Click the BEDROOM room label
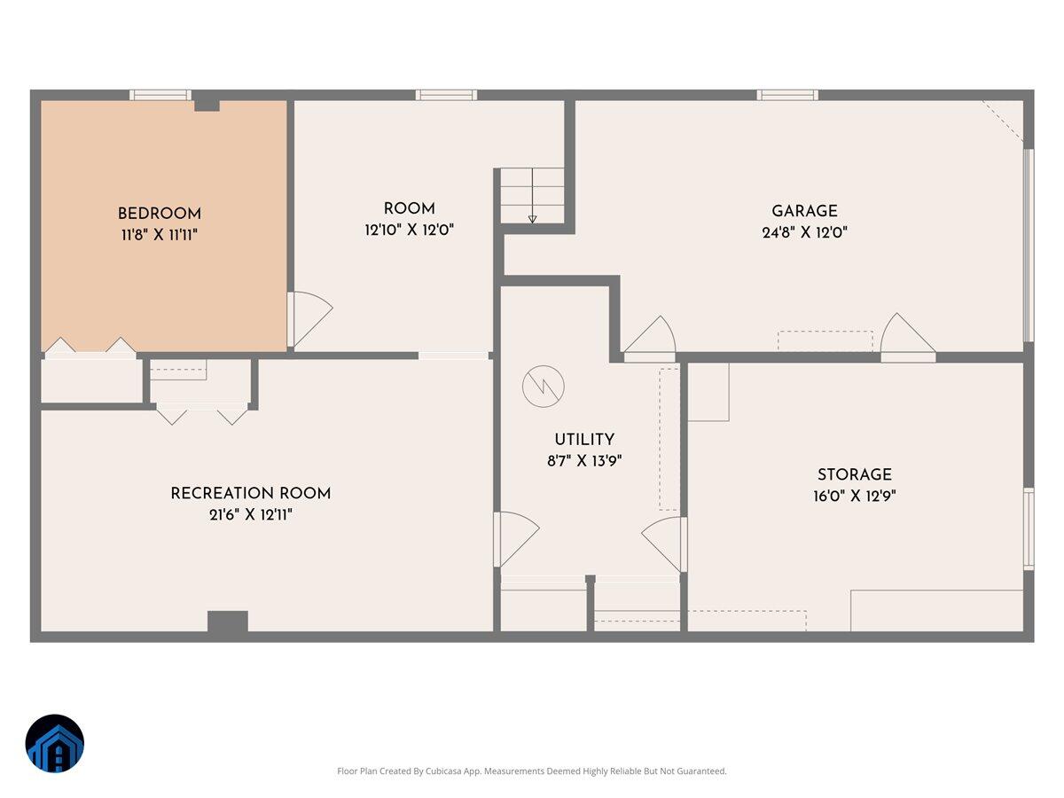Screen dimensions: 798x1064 point(160,214)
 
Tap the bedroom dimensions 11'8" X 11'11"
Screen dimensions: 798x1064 point(160,235)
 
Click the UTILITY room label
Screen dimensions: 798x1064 point(584,440)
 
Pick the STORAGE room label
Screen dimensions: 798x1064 point(855,474)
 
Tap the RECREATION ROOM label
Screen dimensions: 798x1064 point(251,493)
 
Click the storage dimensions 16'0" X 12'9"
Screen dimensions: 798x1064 point(855,496)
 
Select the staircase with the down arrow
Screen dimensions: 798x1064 point(532,196)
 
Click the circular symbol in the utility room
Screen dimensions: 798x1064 point(542,387)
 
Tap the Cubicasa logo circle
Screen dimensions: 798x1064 point(55,743)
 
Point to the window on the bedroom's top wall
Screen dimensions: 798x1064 point(160,95)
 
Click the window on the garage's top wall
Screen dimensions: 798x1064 point(787,95)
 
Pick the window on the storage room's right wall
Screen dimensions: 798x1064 point(1029,528)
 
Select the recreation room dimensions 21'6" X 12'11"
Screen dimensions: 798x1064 point(251,514)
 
